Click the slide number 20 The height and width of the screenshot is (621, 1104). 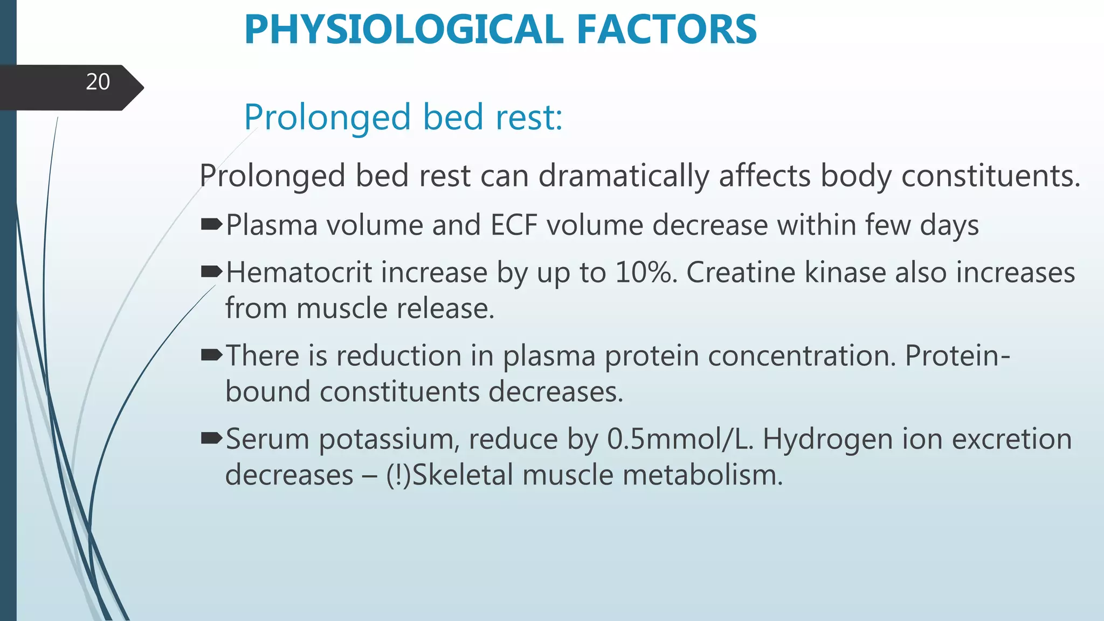coord(98,82)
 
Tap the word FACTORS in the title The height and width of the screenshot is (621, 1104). coord(667,30)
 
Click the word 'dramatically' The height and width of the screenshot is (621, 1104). coord(624,176)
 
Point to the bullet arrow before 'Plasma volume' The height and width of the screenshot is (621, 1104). coord(211,224)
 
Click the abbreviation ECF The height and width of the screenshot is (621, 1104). coord(514,225)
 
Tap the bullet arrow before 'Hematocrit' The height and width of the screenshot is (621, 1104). coord(211,271)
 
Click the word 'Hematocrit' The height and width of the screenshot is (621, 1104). coord(299,272)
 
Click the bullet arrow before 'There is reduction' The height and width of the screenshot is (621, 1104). coord(211,354)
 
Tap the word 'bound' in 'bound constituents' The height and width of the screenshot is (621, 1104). coord(267,391)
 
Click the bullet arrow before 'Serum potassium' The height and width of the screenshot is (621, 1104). coord(211,438)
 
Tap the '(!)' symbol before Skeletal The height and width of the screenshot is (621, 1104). coord(398,475)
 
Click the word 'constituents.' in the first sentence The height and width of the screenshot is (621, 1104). coord(991,176)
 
